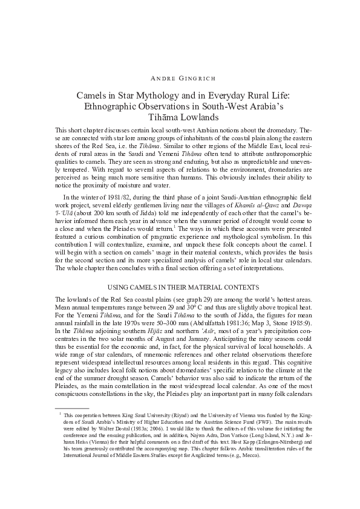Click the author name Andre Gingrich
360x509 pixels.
(x=180, y=79)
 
